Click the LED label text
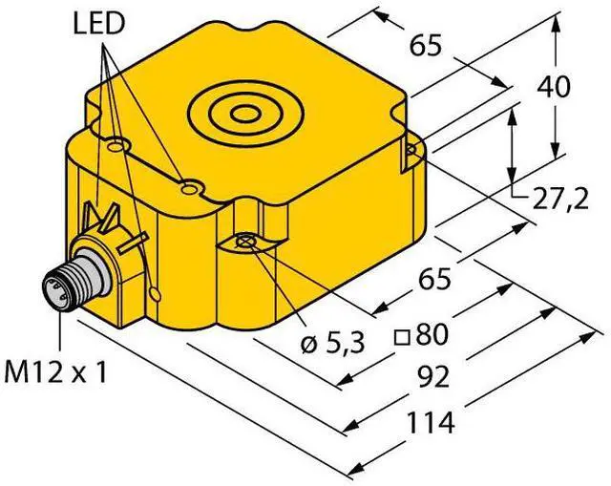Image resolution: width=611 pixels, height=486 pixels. tap(97, 24)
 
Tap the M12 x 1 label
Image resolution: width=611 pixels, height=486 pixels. tap(55, 373)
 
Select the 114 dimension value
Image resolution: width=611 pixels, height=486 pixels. tap(431, 423)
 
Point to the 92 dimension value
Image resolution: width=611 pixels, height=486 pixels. tap(432, 377)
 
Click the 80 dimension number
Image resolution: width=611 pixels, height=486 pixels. tap(431, 335)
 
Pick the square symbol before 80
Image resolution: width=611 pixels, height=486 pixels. tap(402, 337)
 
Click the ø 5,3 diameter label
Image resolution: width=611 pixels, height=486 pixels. tap(333, 344)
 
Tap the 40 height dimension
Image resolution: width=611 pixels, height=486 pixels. tap(553, 87)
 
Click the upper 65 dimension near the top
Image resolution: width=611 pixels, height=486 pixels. tap(426, 46)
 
